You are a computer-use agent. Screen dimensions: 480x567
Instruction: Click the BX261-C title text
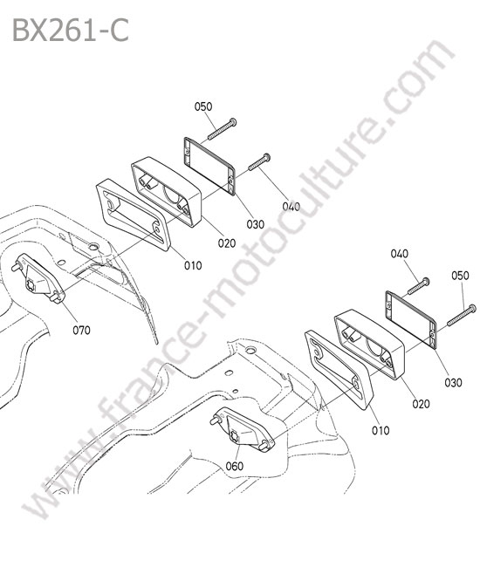(x=71, y=31)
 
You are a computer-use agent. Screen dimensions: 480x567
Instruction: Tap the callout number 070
(x=81, y=330)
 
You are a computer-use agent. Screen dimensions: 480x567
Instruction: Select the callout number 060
(x=235, y=466)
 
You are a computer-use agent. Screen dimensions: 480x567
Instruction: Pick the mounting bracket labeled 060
(x=242, y=430)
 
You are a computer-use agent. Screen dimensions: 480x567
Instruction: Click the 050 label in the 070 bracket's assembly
(x=203, y=106)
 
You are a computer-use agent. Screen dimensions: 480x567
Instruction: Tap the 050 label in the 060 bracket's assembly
(x=460, y=276)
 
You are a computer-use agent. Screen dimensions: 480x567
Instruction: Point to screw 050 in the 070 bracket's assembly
(x=222, y=129)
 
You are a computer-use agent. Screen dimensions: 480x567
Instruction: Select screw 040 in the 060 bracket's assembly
(x=419, y=286)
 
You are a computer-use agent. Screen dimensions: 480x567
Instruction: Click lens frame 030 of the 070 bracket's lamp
(x=209, y=166)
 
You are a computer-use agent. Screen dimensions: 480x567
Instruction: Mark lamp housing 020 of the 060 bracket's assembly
(x=370, y=344)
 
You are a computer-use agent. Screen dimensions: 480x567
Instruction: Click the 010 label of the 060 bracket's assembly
(x=381, y=430)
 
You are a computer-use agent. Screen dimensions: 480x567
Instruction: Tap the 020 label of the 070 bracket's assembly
(x=227, y=243)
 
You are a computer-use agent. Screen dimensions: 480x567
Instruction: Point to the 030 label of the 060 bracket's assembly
(x=453, y=382)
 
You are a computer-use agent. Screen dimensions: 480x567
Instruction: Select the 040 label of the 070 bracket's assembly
(x=291, y=207)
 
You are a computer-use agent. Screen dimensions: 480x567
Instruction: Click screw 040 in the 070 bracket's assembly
(x=259, y=161)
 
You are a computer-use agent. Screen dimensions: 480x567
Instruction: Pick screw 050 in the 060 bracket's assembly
(x=462, y=315)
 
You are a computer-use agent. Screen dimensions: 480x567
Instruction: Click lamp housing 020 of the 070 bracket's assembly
(x=167, y=192)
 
